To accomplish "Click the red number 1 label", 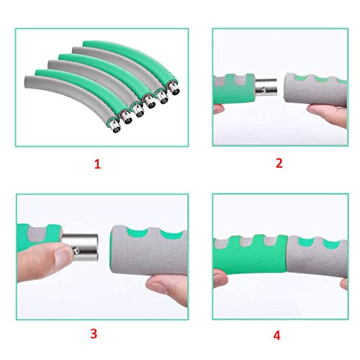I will click(x=97, y=164).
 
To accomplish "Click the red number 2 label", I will click(x=278, y=163).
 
